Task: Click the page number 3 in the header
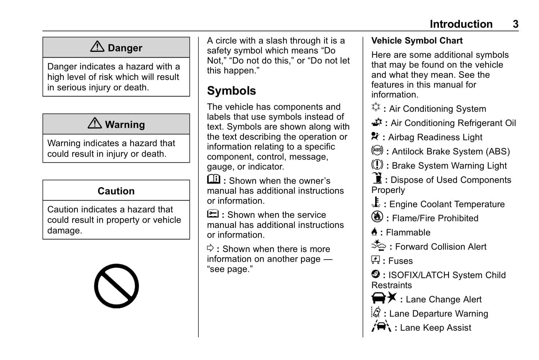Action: [516, 24]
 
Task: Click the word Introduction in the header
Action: [461, 24]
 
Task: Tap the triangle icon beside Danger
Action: [97, 47]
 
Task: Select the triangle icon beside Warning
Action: [95, 123]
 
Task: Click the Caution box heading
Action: [116, 191]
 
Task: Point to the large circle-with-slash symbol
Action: [116, 286]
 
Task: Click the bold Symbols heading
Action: [232, 91]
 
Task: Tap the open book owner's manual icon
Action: [214, 179]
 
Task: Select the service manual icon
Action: [213, 214]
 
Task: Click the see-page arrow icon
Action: [210, 248]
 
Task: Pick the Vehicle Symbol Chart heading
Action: [417, 41]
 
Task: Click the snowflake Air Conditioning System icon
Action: [376, 107]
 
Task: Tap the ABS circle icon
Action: [377, 150]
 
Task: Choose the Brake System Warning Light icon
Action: [377, 165]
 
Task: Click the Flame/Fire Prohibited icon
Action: [377, 217]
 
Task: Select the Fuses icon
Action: [376, 260]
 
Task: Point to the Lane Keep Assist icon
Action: [381, 326]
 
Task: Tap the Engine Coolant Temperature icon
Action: [376, 202]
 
